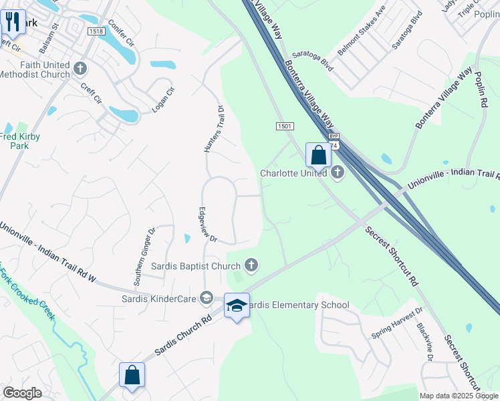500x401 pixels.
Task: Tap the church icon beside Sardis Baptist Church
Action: tap(251, 266)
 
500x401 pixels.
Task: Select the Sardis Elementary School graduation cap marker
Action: tap(237, 305)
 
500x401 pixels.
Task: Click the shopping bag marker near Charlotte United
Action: tap(319, 155)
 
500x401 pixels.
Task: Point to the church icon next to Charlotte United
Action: tap(338, 173)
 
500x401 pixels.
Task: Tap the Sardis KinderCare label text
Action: tap(159, 298)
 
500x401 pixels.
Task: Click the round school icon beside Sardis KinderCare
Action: tap(207, 298)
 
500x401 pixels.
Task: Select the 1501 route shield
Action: tap(285, 126)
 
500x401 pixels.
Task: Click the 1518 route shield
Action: tap(96, 31)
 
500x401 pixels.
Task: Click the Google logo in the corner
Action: tap(22, 393)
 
